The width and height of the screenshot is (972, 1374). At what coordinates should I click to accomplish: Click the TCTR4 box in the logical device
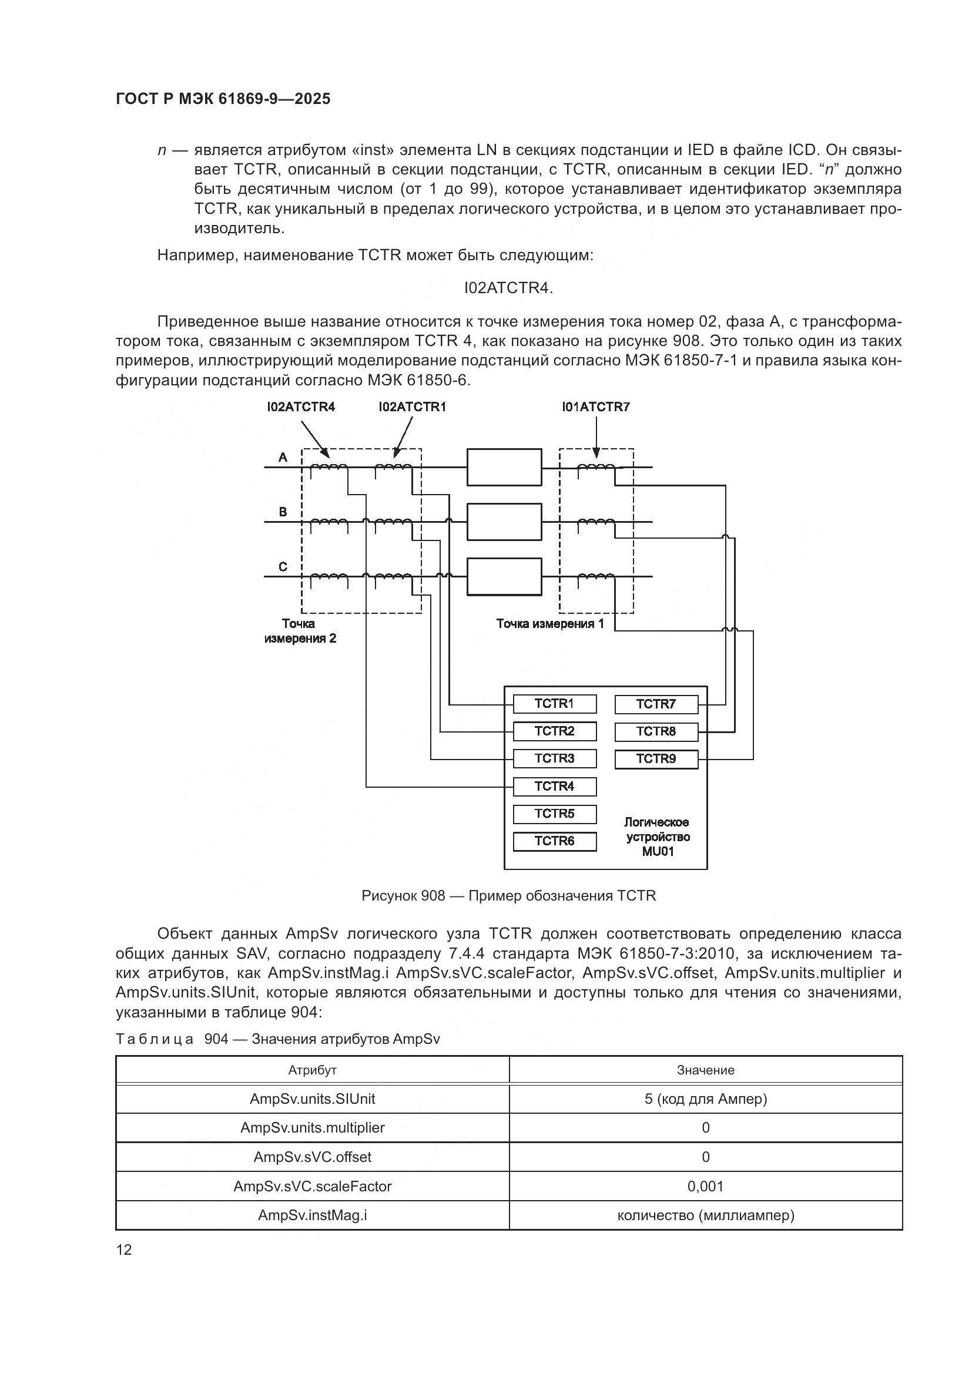click(x=554, y=787)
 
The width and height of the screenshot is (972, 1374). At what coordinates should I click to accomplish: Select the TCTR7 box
click(x=656, y=704)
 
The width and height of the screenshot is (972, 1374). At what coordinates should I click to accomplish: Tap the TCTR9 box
click(x=656, y=760)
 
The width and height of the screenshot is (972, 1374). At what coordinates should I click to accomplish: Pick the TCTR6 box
click(x=554, y=841)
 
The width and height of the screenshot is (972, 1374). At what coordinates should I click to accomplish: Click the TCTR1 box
click(x=554, y=704)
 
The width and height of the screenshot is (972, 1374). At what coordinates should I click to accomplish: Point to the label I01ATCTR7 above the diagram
click(x=595, y=408)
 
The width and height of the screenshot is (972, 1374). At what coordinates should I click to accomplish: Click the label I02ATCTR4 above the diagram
click(x=301, y=408)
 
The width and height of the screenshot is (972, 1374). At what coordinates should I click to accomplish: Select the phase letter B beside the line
click(x=283, y=512)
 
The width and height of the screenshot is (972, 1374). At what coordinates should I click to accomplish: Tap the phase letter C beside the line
click(x=283, y=567)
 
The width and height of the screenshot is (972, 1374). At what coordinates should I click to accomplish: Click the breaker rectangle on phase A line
click(x=504, y=467)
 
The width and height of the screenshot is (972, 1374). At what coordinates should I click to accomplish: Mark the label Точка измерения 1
click(x=550, y=624)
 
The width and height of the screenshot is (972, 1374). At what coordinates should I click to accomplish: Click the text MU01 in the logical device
click(x=658, y=852)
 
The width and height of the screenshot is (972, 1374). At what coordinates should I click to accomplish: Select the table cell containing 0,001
click(x=705, y=1186)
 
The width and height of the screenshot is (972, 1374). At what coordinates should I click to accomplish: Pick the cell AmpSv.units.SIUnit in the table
click(x=313, y=1098)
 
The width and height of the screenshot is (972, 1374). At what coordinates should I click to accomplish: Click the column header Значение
click(x=705, y=1070)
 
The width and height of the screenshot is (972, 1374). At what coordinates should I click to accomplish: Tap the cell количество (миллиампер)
click(x=705, y=1215)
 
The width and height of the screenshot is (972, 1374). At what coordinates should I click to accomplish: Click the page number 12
click(x=124, y=1250)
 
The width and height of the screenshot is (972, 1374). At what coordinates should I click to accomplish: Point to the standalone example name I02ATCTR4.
click(x=509, y=288)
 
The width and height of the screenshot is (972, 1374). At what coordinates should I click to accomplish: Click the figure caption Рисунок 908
click(x=509, y=896)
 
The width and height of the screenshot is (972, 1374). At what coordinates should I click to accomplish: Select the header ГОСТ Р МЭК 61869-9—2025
click(x=223, y=99)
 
